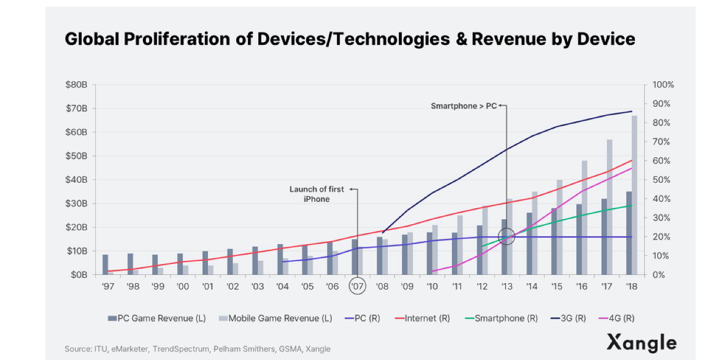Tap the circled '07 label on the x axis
(357, 286)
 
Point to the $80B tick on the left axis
(77, 85)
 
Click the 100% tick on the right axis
(663, 85)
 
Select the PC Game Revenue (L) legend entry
(157, 318)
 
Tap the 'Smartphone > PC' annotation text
(464, 106)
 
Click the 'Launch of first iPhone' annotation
(317, 194)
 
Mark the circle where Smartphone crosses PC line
(507, 237)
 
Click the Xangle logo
(641, 343)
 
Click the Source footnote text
(197, 349)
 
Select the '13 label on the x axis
(507, 286)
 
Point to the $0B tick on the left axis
(79, 274)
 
